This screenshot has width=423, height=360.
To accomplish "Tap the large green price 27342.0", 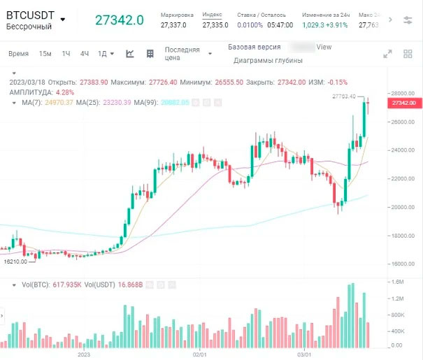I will point(120,20).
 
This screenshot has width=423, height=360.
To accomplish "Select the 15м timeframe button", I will point(45,54).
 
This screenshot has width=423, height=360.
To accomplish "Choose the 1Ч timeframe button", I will point(66,54).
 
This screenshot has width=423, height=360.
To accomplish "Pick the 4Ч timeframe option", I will point(85,54).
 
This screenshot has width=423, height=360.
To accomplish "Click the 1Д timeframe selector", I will point(103,54).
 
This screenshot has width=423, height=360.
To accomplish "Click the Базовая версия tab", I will point(254,47).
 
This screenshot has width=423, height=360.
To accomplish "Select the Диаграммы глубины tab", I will point(268,61).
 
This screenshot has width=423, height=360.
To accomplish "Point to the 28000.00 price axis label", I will point(403,93).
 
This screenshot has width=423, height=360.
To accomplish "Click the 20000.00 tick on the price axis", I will point(403,207).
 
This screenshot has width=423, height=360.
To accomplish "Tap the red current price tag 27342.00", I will point(404,103).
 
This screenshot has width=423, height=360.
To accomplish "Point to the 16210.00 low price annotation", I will point(15,261).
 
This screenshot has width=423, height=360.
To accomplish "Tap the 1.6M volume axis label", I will point(398,282).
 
